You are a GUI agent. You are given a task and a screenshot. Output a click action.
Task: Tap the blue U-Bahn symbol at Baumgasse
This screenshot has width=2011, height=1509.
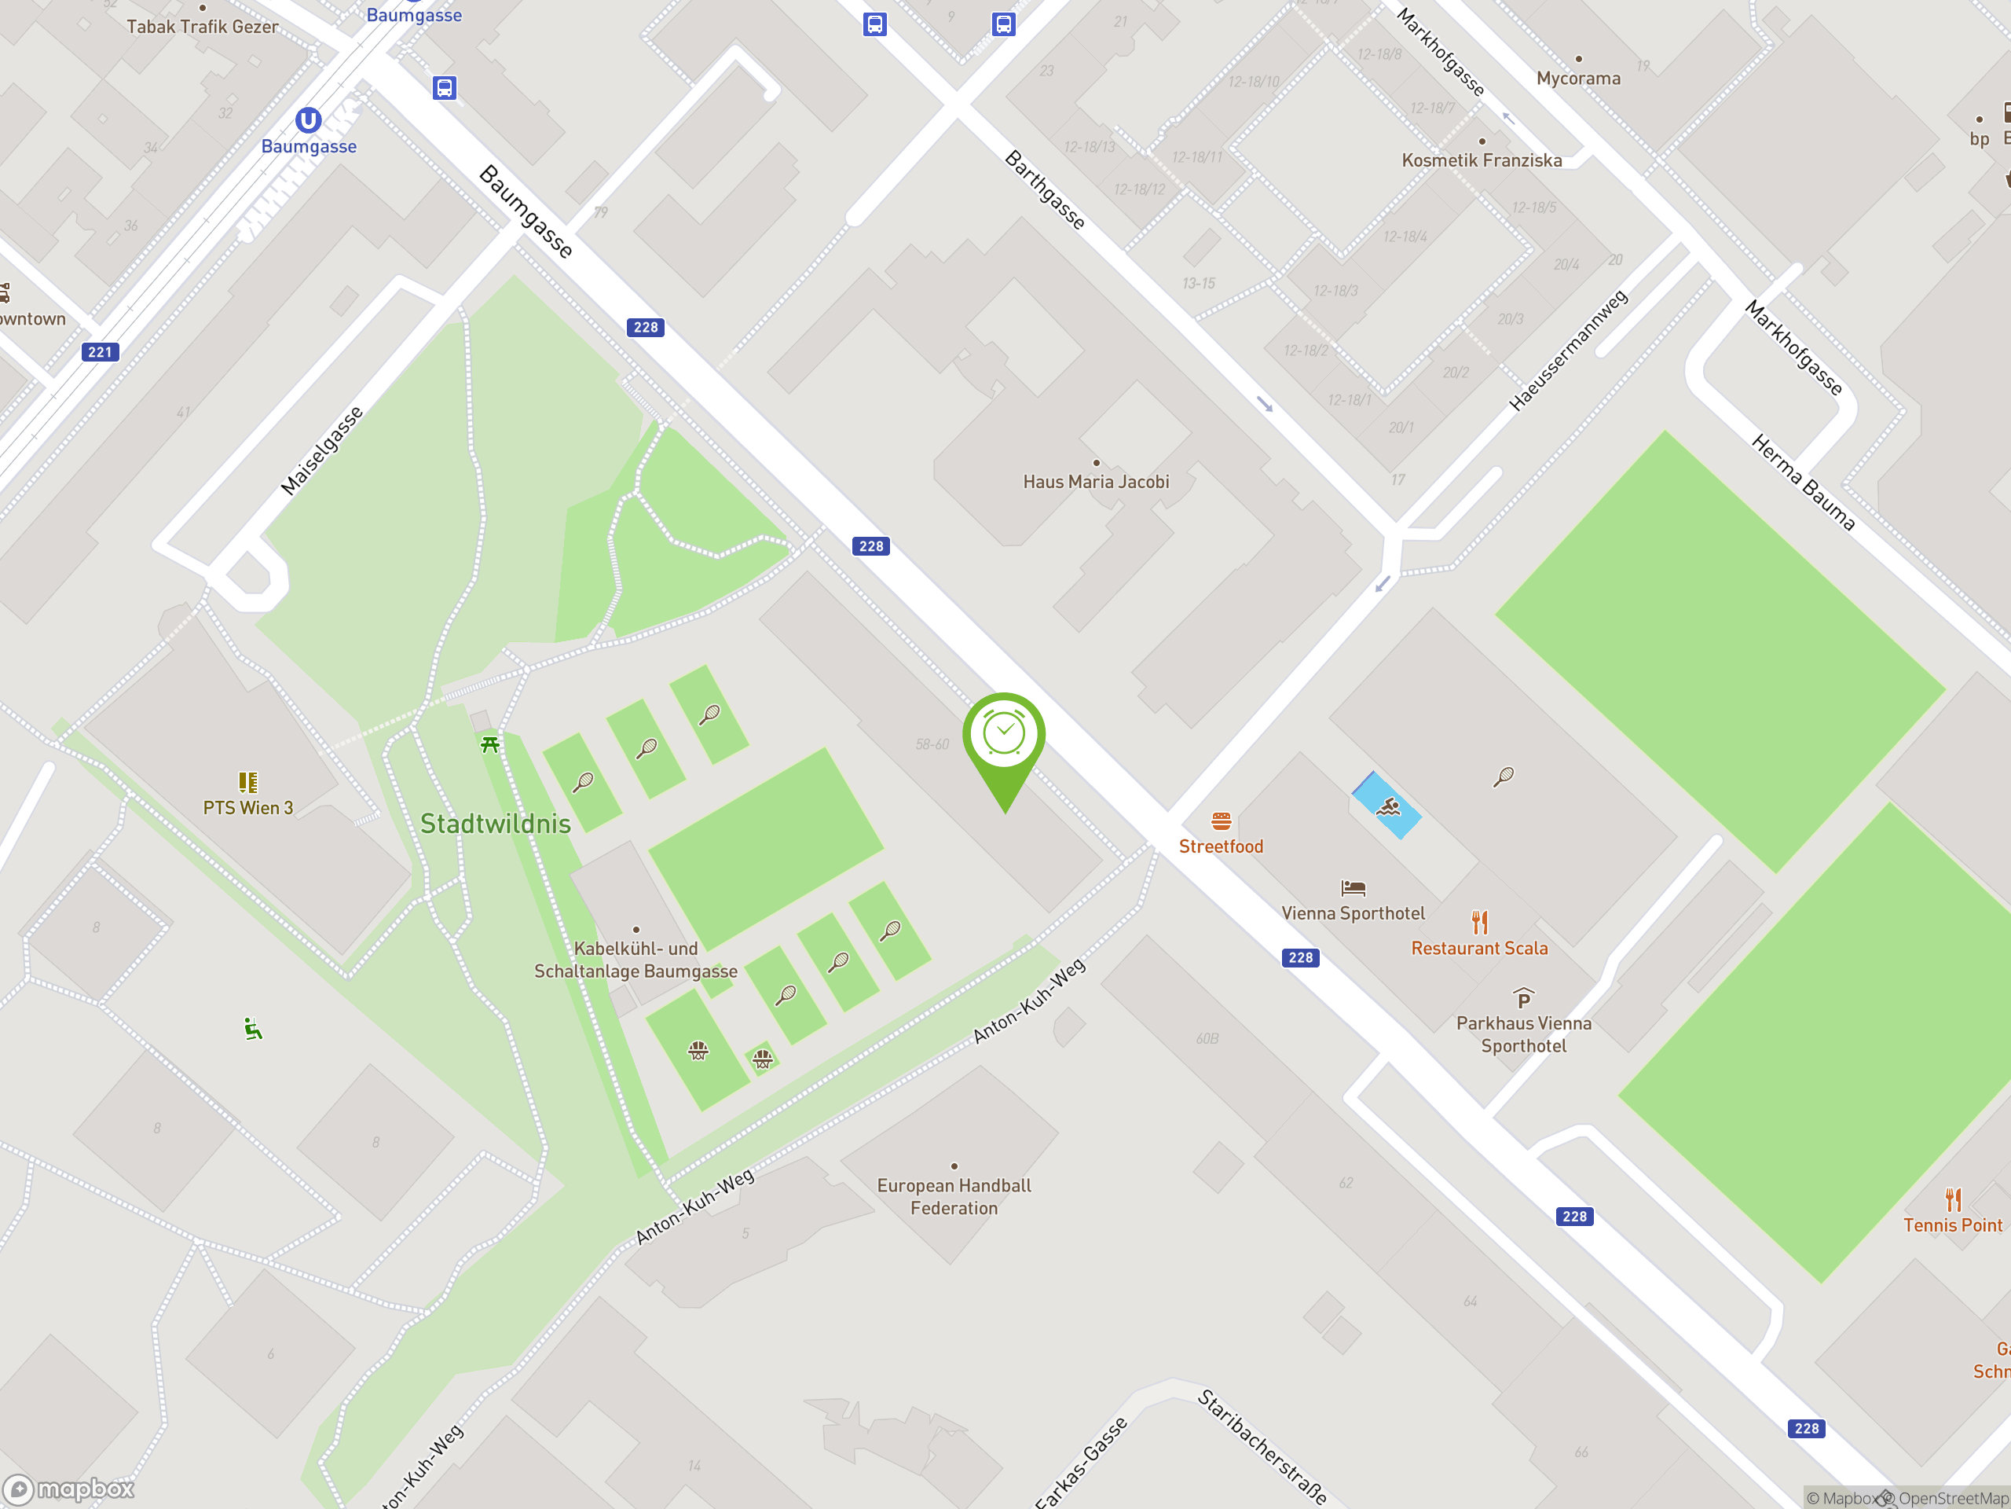308,120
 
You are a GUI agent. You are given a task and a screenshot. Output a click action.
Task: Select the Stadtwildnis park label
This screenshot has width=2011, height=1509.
496,824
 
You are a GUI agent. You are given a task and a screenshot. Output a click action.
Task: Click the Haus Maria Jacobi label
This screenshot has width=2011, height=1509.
1096,482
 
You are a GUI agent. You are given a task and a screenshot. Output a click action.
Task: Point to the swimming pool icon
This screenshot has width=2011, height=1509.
1387,806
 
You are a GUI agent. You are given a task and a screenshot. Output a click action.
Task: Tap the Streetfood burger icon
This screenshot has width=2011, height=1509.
1221,821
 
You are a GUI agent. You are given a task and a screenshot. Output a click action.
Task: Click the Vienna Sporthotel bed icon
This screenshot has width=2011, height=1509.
1353,888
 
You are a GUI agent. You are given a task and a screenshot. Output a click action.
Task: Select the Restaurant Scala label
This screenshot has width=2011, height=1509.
1479,948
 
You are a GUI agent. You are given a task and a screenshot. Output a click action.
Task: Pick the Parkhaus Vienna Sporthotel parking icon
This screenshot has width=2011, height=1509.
1524,998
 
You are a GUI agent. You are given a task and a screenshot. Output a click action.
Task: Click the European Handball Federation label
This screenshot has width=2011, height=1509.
954,1196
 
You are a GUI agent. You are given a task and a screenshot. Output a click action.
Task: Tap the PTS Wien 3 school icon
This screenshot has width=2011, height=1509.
247,782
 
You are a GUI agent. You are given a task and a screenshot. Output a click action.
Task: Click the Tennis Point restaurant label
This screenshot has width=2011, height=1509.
1952,1225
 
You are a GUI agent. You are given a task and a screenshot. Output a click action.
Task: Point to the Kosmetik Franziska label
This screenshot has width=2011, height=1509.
1481,161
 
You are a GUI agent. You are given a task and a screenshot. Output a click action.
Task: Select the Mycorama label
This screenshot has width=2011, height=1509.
1578,79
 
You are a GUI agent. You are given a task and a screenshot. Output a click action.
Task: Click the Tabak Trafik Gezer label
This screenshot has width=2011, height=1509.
202,28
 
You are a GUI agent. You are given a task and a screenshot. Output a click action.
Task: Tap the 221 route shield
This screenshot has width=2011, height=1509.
100,352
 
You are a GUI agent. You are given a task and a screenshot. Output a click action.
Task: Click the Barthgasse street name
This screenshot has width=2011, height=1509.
1045,190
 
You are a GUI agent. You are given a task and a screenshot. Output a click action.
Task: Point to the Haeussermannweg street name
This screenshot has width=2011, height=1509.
1568,351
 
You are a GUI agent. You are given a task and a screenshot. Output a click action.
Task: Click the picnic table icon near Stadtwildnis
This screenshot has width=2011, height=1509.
490,745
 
